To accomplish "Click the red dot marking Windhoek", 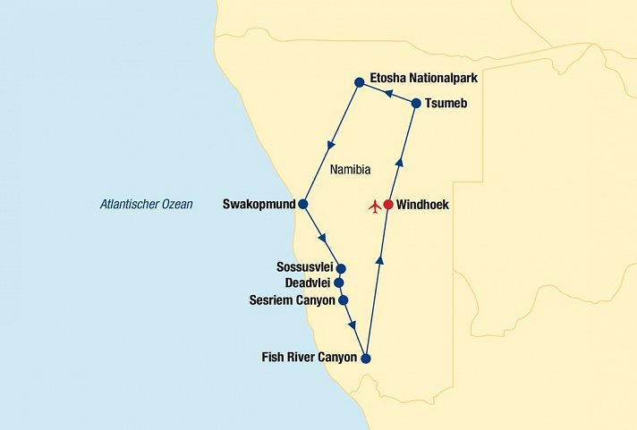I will coord(388,205).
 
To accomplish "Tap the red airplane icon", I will coord(374,207).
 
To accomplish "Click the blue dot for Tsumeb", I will coord(416,104).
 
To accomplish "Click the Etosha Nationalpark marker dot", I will coord(359,82).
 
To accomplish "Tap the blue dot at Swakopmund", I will coord(303,204).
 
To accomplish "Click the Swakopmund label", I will coord(259,204).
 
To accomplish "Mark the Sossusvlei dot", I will coord(341,268).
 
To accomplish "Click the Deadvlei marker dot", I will coord(339,282).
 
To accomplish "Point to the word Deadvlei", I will coord(309,282).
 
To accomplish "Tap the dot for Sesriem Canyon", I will coord(343,300).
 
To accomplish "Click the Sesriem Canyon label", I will coord(291,300).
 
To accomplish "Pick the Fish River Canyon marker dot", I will coord(365,358).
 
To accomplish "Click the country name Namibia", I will coord(351,170).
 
